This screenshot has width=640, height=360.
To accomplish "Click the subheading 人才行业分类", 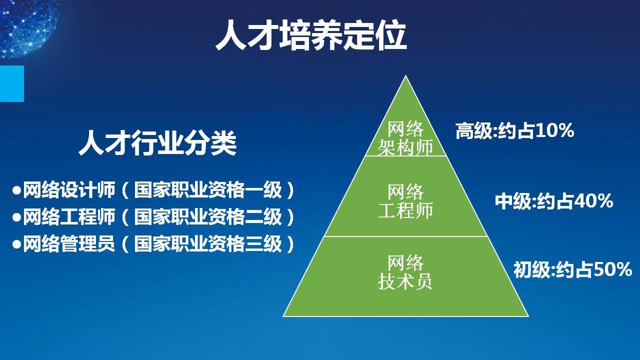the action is tap(157, 142).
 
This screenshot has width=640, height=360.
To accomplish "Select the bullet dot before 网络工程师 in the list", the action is tap(17, 217).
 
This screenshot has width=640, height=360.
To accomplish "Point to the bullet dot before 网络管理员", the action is tap(17, 244).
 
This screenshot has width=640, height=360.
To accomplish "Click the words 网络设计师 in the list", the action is tap(69, 190).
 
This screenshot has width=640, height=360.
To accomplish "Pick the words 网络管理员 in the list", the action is tap(69, 243).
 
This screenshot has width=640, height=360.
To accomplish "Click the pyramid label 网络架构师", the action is tap(405, 138).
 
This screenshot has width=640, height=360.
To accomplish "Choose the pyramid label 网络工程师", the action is tap(405, 201).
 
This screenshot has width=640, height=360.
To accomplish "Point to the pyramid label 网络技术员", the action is tap(405, 272).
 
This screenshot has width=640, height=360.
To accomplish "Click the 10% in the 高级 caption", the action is tap(554, 130).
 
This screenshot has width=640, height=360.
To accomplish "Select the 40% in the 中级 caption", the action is tap(593, 201).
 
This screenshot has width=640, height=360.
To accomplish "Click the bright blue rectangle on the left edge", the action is tap(11, 83).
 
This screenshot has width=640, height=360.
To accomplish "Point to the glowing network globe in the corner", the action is tap(28, 27).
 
